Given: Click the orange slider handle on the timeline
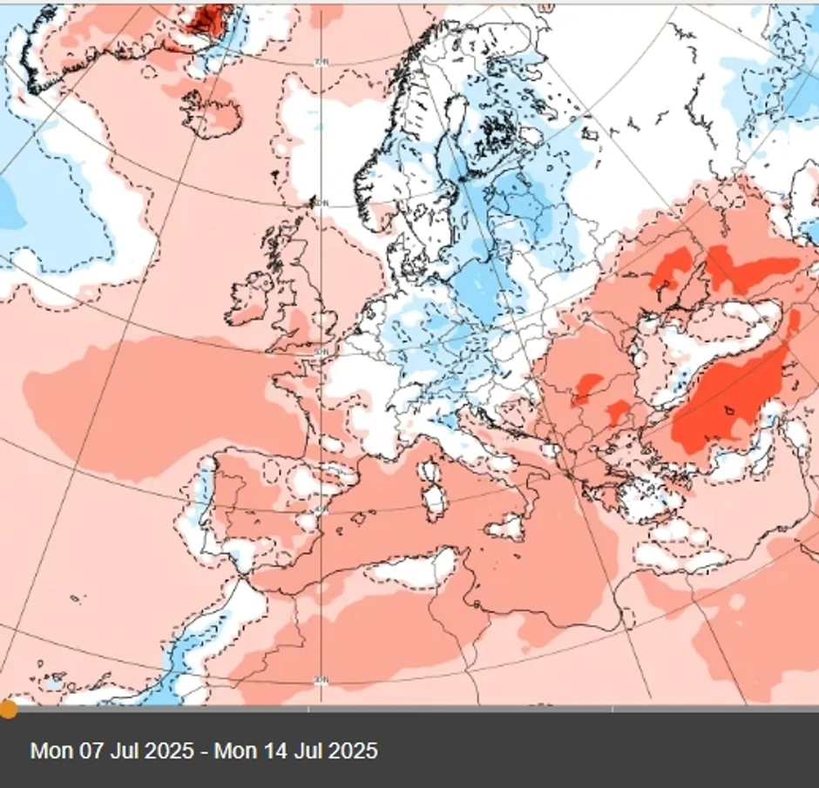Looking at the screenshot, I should [8, 709].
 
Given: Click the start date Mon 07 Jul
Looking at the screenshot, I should [112, 751].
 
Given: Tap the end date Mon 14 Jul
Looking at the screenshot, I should [295, 751].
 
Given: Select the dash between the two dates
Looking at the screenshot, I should [204, 751].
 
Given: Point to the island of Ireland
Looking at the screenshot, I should [251, 296].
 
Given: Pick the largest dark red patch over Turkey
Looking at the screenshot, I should [728, 396].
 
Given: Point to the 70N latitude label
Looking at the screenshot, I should [321, 63].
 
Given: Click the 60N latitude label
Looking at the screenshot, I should [322, 204].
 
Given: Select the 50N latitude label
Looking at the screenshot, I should [321, 352].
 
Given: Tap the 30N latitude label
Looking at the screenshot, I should [320, 679].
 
